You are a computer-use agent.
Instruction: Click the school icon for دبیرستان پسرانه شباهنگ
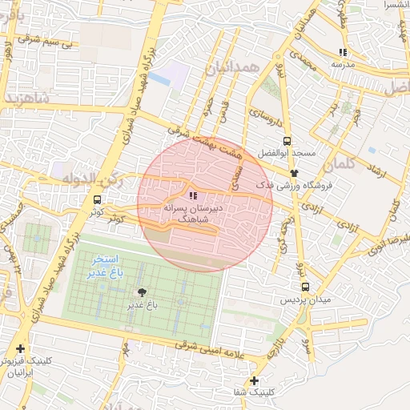[x=192, y=195]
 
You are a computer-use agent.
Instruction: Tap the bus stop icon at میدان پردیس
[x=305, y=287]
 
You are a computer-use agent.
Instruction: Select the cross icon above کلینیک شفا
[x=255, y=380]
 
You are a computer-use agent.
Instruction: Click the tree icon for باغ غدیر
[x=143, y=292]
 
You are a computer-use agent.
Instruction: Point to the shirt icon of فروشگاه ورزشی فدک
[x=295, y=172]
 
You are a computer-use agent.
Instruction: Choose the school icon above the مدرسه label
[x=344, y=52]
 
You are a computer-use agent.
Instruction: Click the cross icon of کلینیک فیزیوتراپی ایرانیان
[x=20, y=348]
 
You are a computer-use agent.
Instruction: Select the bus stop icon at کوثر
[x=97, y=199]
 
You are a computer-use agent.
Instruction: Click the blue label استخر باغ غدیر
[x=105, y=267]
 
